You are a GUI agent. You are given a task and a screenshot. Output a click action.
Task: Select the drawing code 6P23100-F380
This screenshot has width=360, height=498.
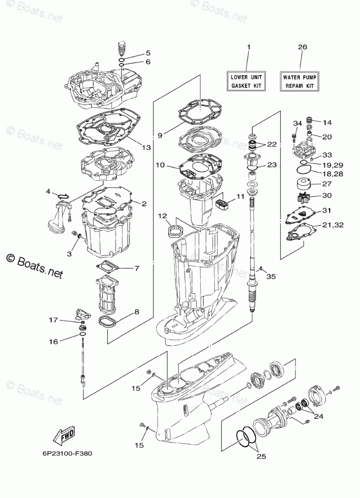tap(64, 452)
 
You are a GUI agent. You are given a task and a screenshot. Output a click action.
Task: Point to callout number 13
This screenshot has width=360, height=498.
tap(146, 148)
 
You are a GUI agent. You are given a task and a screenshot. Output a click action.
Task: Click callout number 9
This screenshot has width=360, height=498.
tap(159, 135)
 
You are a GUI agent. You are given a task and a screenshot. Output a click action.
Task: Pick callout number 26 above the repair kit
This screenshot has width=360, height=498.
tap(302, 47)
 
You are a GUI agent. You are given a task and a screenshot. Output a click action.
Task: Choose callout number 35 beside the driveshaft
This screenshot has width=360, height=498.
tap(271, 276)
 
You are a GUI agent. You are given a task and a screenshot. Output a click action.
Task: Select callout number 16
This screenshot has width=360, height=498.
tap(53, 341)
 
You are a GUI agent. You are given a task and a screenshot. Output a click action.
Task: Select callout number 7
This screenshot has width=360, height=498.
tap(136, 268)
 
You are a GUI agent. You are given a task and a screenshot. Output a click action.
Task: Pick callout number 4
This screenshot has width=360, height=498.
tap(48, 192)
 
